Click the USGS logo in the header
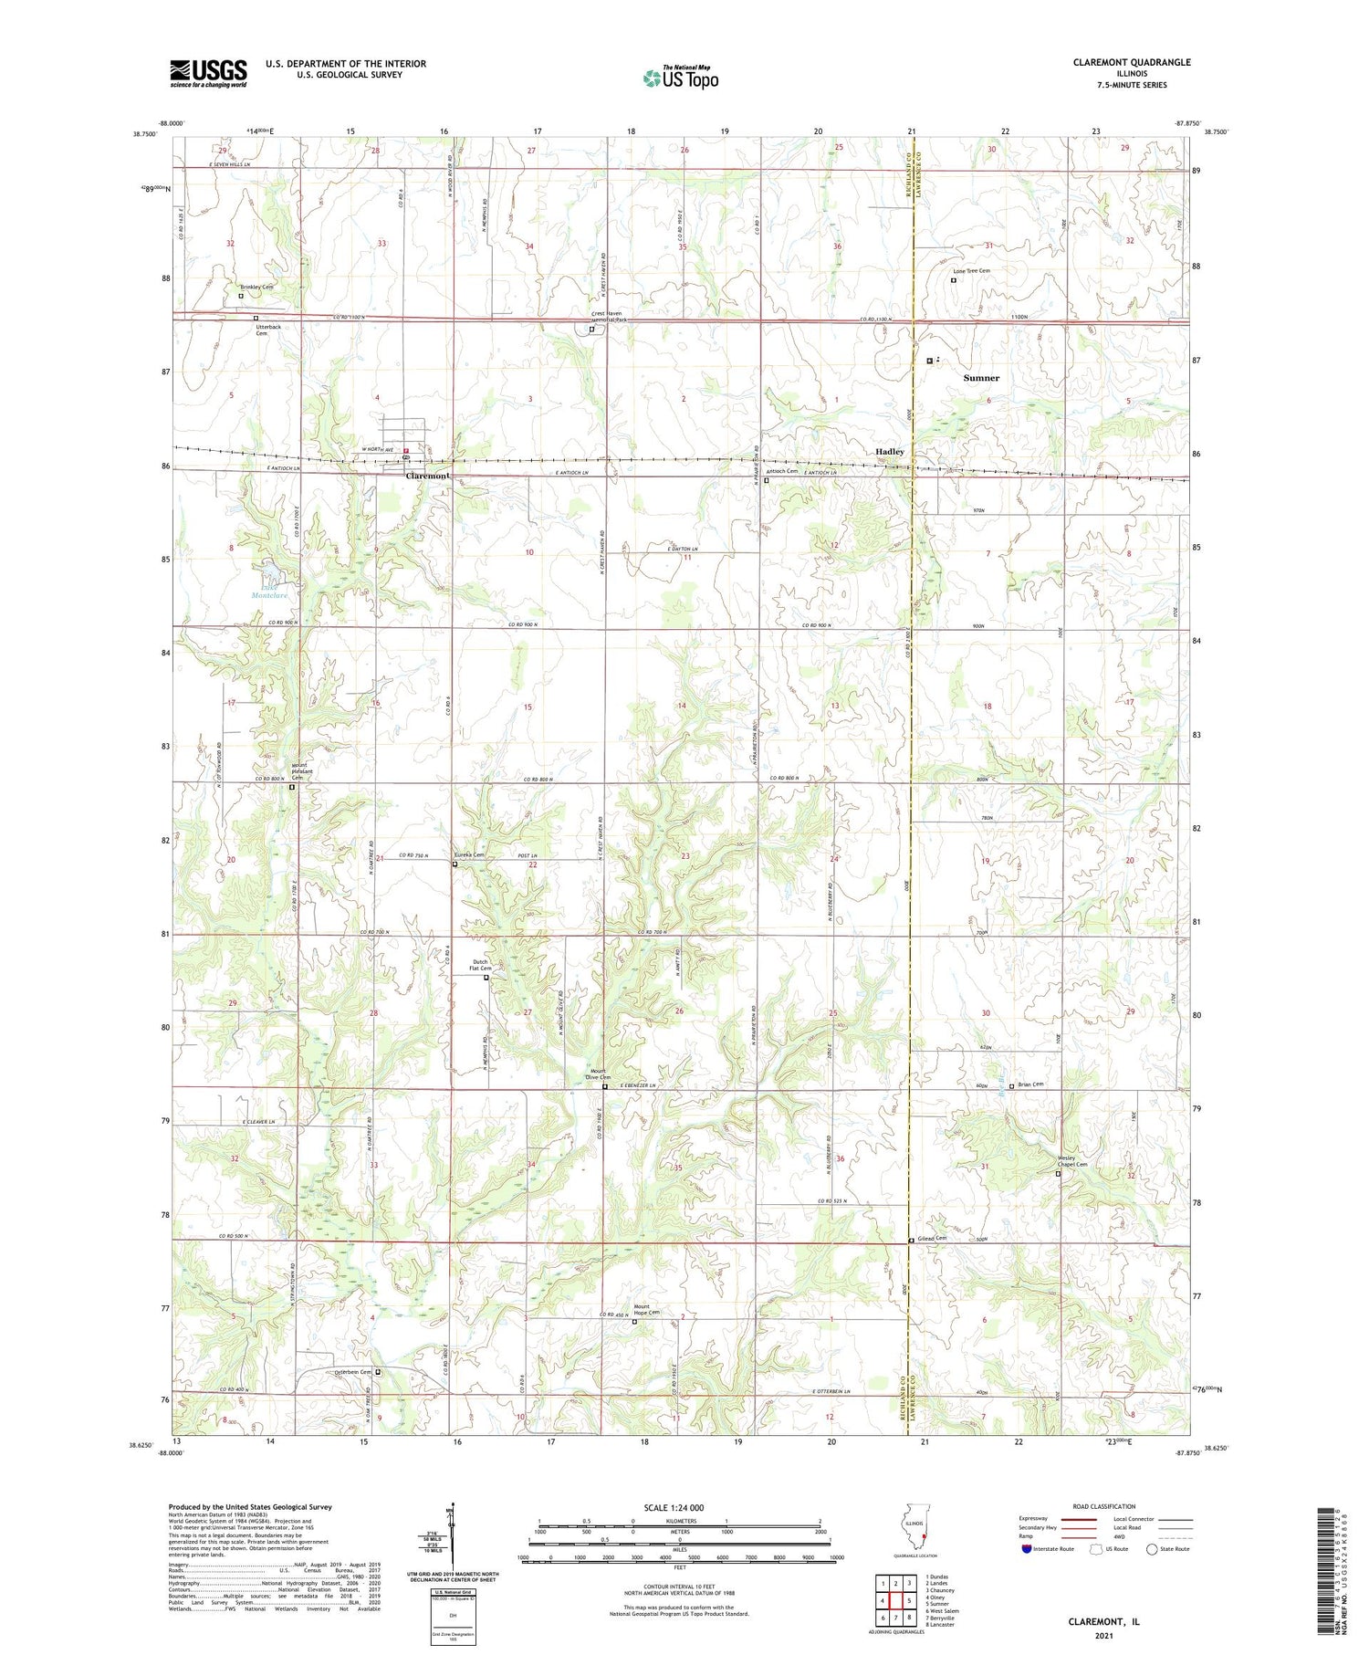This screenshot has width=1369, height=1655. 208,73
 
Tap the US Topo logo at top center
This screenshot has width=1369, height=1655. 680,79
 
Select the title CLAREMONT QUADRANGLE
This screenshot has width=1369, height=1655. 1132,62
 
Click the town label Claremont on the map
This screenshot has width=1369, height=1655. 427,477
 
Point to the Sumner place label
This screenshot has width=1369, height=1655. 981,378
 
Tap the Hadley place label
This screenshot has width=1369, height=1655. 890,452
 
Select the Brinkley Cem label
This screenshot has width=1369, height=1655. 256,287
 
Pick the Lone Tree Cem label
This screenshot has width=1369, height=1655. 971,271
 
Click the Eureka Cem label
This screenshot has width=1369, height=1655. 469,855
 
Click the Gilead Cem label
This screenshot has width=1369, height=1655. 933,1239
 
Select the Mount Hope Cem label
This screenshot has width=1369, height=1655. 646,1309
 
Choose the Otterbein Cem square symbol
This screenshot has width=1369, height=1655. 378,1371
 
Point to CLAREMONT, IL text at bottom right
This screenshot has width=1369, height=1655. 1103,1622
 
